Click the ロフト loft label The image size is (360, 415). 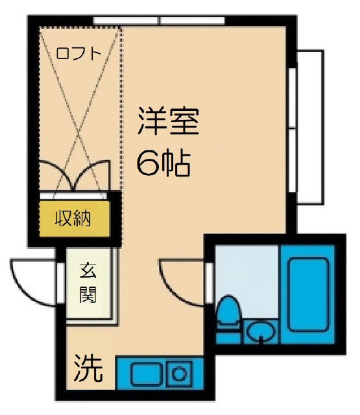78,54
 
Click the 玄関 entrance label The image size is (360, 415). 88,283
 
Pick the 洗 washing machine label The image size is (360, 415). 88,369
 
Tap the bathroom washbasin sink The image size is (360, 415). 261,332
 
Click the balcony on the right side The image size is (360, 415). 310,126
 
